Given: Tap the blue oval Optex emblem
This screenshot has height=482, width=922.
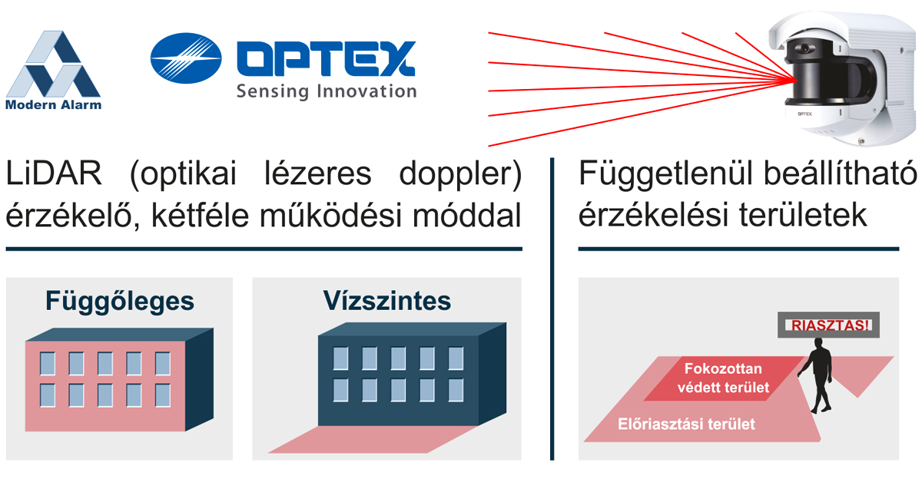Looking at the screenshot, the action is tap(186, 58).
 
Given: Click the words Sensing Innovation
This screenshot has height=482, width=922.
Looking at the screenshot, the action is tap(327, 91).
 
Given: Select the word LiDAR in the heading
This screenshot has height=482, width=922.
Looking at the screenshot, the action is tap(54, 173).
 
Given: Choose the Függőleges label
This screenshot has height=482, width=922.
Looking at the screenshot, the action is tap(120, 302).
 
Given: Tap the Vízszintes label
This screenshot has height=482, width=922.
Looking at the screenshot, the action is tap(387, 301).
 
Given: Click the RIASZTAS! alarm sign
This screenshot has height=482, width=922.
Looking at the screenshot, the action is tap(828, 325).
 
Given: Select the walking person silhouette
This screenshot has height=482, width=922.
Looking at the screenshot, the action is tap(817, 375).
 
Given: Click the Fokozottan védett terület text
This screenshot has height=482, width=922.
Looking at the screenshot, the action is tap(723, 378).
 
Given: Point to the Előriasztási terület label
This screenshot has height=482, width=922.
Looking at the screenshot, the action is tap(687, 424).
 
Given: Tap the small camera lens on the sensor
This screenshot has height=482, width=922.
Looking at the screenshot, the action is tap(804, 49).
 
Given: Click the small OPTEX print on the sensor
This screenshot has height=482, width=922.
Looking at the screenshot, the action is tap(804, 114).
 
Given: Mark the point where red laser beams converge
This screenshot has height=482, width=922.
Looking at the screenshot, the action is tap(795, 80).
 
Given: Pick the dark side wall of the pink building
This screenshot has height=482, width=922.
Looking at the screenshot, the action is tap(200, 379).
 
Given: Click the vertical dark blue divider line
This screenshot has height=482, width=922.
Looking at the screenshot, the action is tap(552, 309).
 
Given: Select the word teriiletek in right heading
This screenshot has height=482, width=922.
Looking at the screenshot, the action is tap(803, 215).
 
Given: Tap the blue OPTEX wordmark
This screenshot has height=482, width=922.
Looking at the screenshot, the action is tap(326, 58).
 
